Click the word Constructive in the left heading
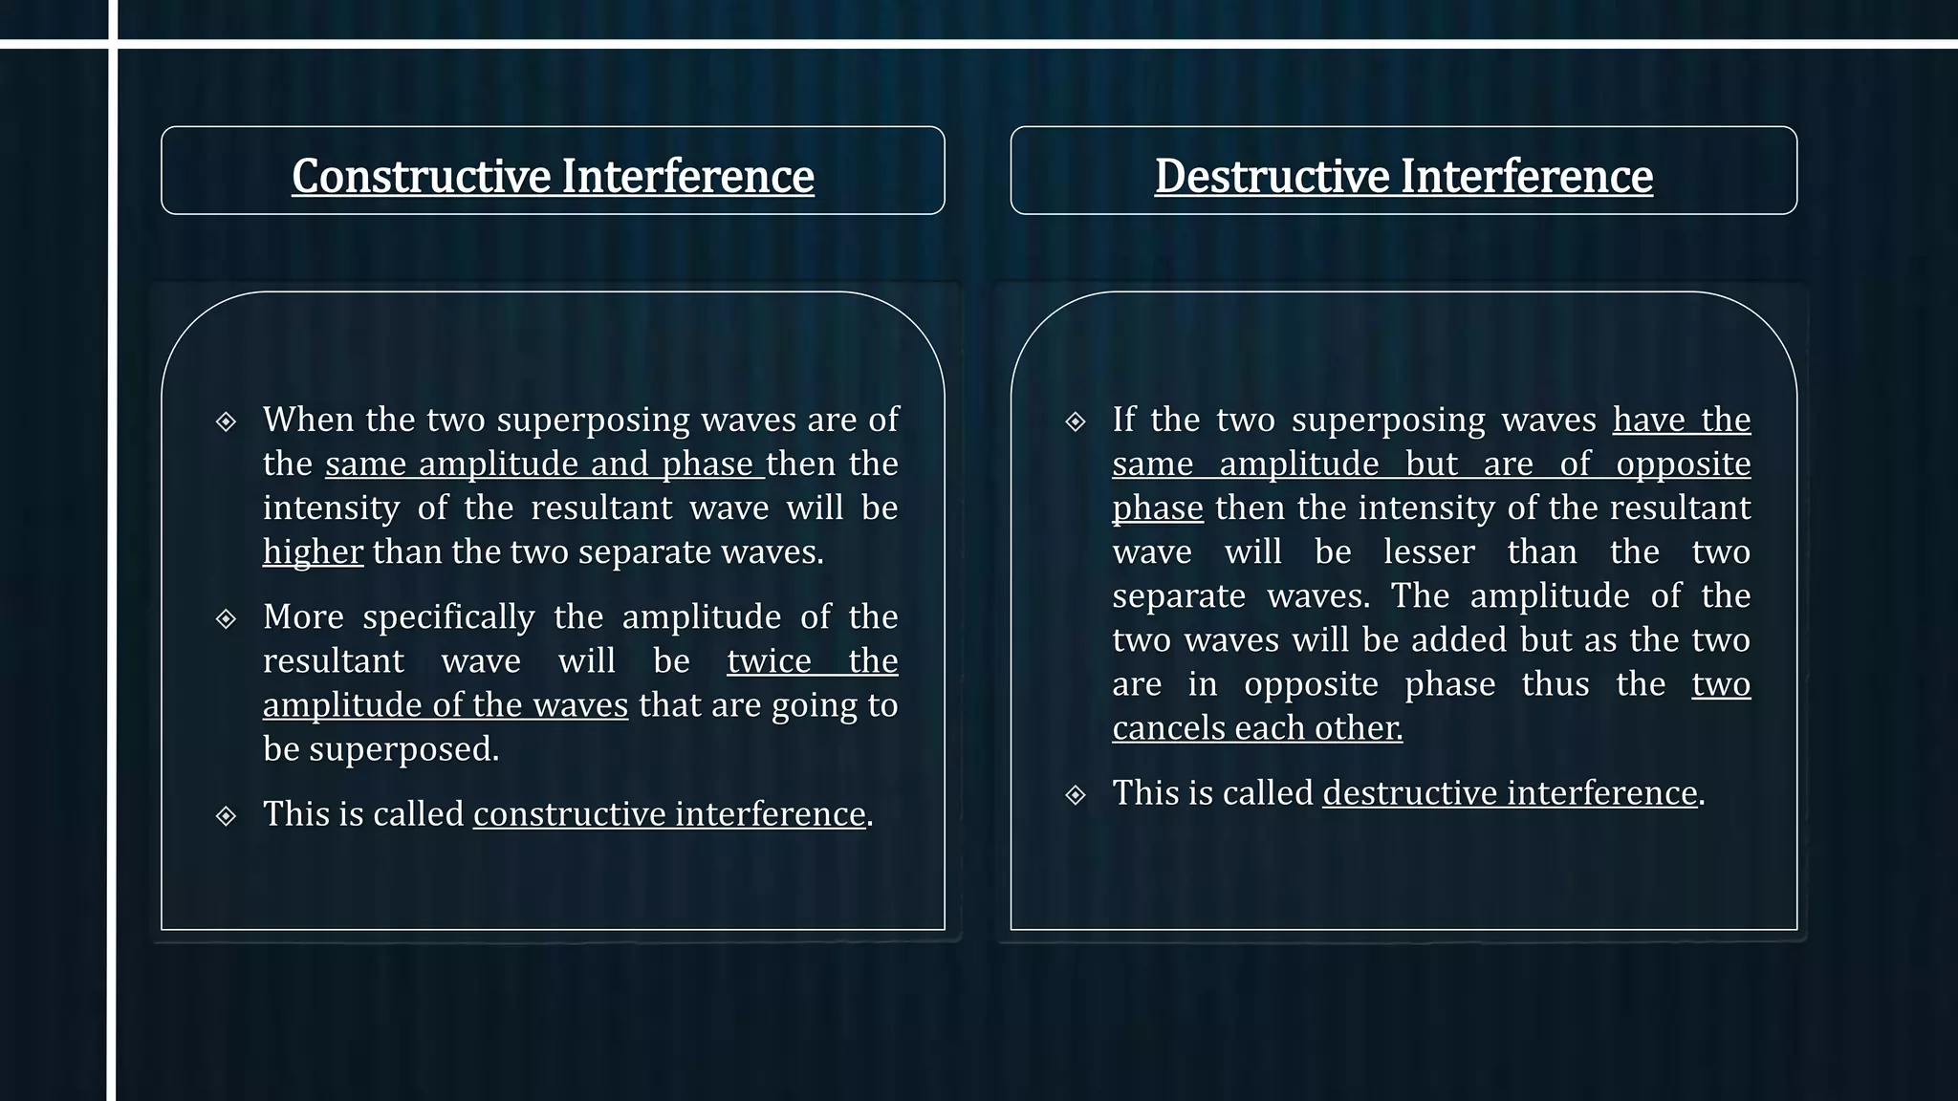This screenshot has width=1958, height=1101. click(422, 176)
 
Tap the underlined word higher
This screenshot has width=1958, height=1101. click(313, 552)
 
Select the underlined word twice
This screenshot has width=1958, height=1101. click(769, 661)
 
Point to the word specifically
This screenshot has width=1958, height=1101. click(448, 617)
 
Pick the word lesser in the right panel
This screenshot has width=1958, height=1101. click(1429, 552)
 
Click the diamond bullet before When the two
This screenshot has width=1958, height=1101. click(226, 421)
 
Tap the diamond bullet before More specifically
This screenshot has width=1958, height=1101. click(226, 619)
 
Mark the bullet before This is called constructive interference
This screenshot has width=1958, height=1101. click(226, 816)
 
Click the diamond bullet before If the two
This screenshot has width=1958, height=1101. click(1076, 421)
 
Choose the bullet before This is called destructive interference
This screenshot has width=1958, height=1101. click(1076, 795)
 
